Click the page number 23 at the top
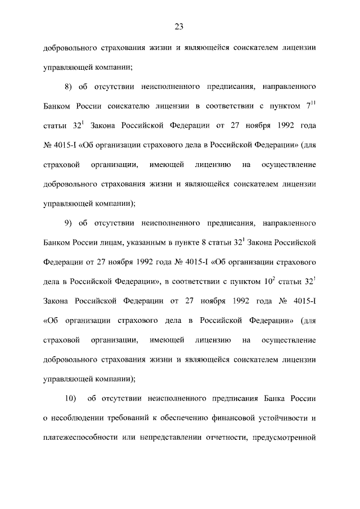point(179,26)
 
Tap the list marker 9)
point(70,223)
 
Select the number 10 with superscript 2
point(272,281)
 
